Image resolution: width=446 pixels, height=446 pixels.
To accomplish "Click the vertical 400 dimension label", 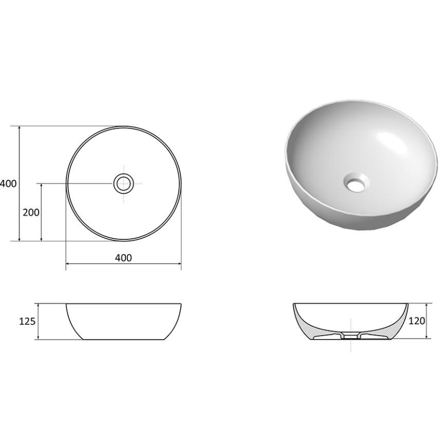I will click(8, 183).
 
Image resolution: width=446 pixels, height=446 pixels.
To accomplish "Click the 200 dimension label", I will click(31, 212).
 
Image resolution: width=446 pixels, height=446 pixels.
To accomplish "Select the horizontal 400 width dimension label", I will click(123, 257).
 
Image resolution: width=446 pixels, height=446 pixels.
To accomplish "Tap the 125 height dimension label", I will click(27, 322).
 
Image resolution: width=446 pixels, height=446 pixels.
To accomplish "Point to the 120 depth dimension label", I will click(417, 321).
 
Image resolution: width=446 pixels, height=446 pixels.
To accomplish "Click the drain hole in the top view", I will click(123, 183).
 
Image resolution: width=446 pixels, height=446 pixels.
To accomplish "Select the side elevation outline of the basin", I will click(123, 322).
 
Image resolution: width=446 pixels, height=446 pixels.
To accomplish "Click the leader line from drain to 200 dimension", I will click(77, 183).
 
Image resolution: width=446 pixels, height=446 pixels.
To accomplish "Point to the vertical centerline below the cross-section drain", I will click(351, 346).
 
